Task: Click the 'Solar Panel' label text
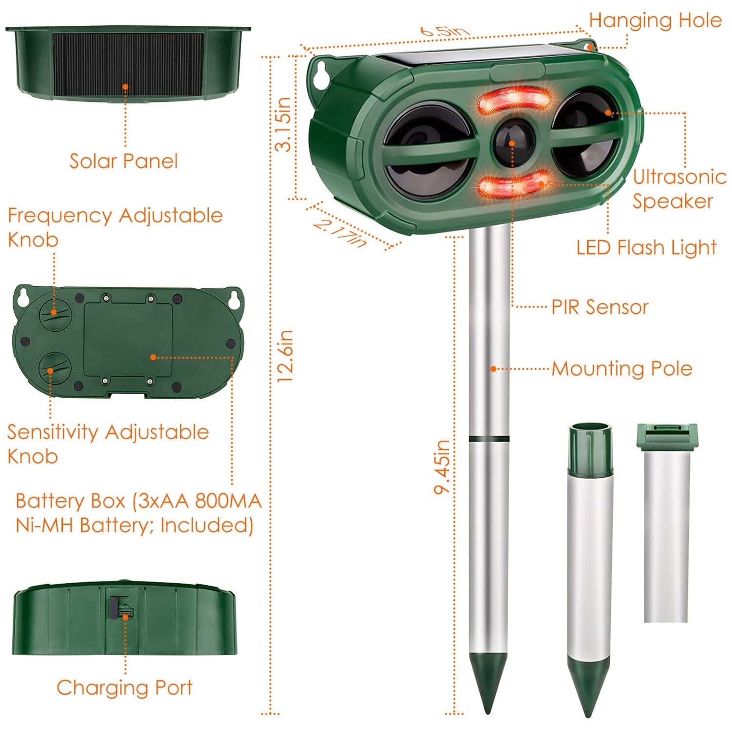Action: click(123, 161)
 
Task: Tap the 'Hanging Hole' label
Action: click(655, 21)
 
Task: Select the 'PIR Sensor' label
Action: click(600, 307)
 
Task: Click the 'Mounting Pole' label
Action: click(622, 369)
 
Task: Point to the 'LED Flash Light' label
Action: click(646, 248)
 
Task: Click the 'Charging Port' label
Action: click(124, 688)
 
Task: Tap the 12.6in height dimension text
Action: click(285, 356)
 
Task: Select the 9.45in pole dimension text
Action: click(442, 467)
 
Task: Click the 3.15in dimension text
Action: click(284, 125)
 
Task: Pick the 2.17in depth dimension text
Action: click(339, 233)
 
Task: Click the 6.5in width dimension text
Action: click(444, 31)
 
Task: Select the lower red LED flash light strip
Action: click(513, 186)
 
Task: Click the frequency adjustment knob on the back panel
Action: click(55, 314)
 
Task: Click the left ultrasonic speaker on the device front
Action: click(430, 150)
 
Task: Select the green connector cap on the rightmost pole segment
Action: click(667, 436)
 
